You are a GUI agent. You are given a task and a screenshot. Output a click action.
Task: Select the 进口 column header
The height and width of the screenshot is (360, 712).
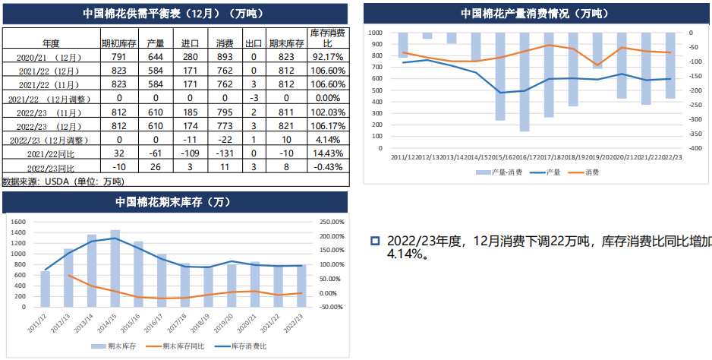pyautogui.click(x=190, y=43)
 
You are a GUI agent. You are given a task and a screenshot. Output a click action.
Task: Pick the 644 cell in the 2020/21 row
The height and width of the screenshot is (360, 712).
pyautogui.click(x=156, y=56)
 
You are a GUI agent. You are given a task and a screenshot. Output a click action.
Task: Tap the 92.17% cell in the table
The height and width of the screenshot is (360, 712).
pyautogui.click(x=329, y=56)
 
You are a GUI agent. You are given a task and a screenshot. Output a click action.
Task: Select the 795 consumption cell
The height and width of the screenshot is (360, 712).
pyautogui.click(x=225, y=112)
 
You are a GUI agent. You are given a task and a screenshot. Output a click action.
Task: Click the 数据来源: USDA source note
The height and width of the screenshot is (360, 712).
pyautogui.click(x=62, y=182)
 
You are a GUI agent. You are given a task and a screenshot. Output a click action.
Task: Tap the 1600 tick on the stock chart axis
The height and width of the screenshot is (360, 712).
pyautogui.click(x=20, y=222)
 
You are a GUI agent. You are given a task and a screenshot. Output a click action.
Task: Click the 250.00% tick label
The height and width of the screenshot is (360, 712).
pyautogui.click(x=332, y=222)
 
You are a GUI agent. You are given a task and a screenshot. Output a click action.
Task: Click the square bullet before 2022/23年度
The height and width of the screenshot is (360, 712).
pyautogui.click(x=374, y=241)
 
